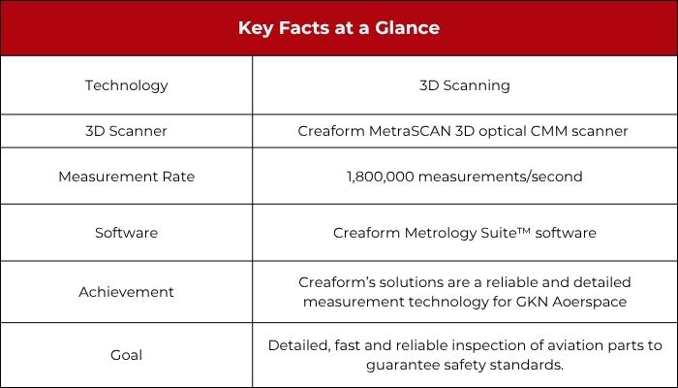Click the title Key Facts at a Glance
339,28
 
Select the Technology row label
126,85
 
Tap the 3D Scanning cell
465,85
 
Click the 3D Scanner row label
126,131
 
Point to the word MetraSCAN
410,131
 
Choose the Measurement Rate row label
126,177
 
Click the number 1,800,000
381,178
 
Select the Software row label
126,233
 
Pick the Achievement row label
126,292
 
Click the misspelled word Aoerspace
589,302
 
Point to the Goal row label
126,356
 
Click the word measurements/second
501,178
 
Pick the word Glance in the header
408,28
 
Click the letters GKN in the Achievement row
532,302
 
